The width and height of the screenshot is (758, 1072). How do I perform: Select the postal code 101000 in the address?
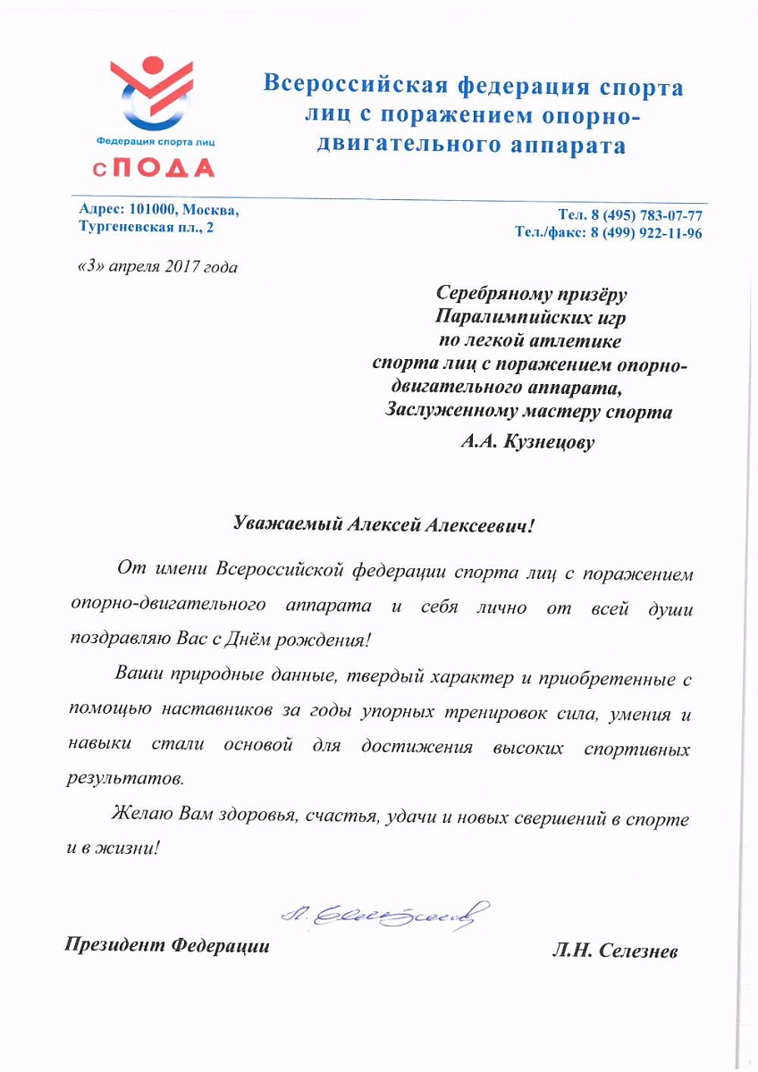[x=158, y=210]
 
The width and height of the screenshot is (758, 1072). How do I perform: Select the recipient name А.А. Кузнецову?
[x=527, y=441]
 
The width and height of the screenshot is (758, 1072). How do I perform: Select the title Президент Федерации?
[x=166, y=945]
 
